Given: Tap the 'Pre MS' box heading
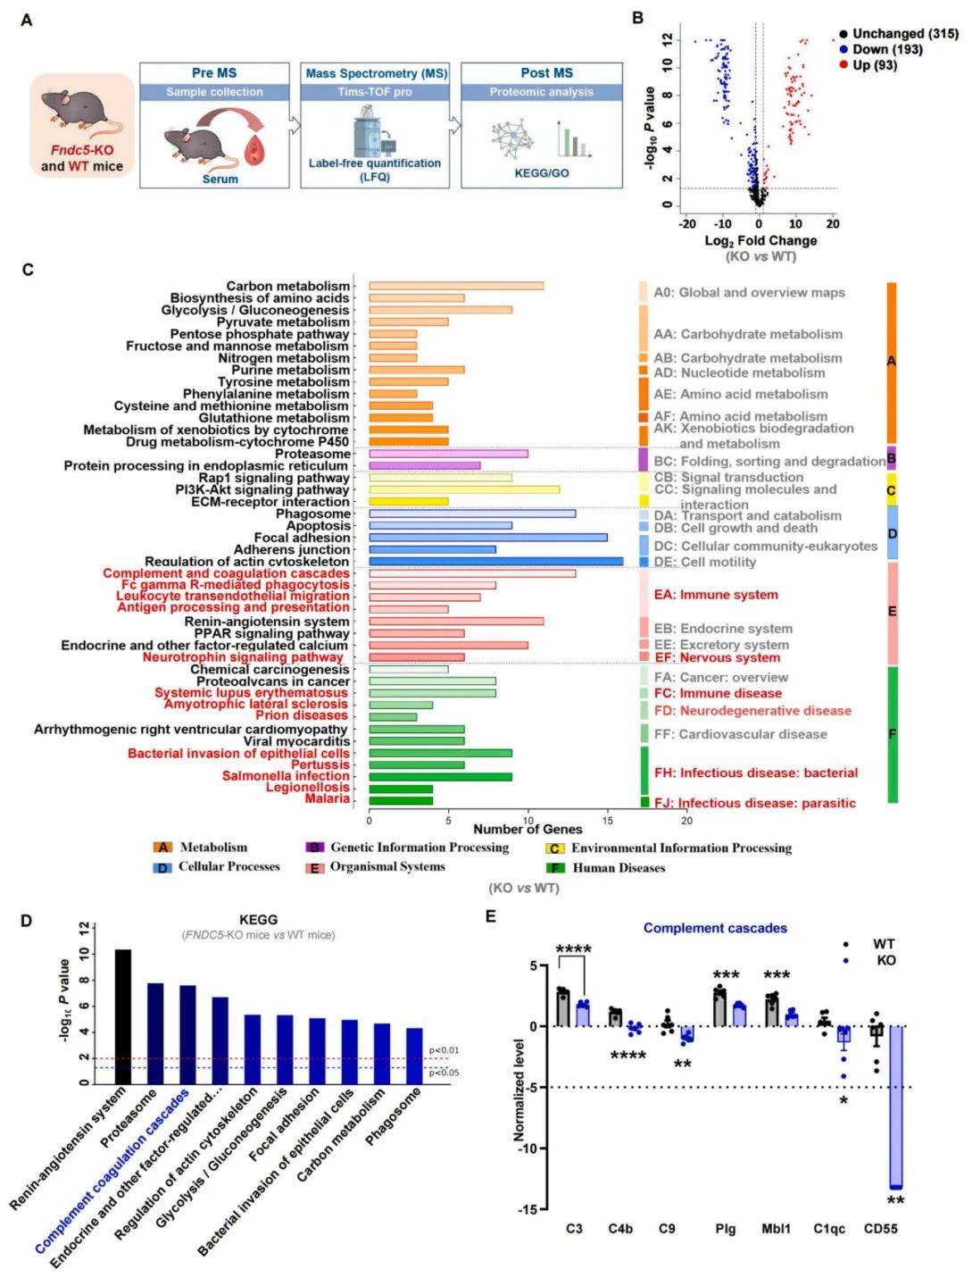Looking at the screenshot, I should tap(214, 73).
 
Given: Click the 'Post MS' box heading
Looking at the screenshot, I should tap(542, 73).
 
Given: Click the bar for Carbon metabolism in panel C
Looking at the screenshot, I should tap(456, 286).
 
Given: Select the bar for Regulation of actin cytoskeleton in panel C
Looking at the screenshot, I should tap(495, 562).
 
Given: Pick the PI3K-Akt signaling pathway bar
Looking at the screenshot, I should tap(464, 489).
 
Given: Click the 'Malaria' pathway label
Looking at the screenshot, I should tap(327, 798).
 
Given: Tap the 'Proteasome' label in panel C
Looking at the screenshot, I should tap(312, 454).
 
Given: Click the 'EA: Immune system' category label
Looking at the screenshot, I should tap(716, 595).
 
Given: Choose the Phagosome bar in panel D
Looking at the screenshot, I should tap(414, 1056).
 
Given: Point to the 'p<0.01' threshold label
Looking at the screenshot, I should tap(444, 1050).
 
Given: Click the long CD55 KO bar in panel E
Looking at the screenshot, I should tap(895, 1107).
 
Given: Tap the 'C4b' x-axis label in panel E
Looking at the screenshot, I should tap(620, 1229).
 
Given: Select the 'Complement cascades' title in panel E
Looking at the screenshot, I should tap(715, 928).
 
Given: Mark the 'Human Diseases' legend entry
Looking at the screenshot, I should tap(618, 867).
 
